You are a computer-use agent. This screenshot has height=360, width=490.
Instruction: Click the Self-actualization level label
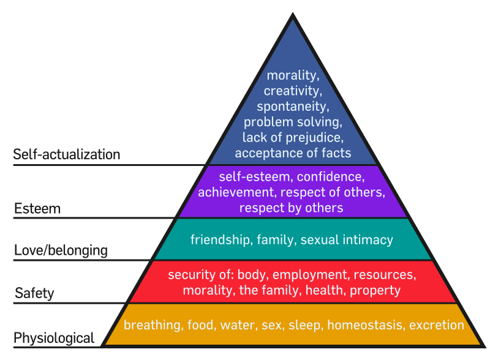(67, 154)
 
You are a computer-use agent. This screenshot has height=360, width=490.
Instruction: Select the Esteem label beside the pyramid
(37, 208)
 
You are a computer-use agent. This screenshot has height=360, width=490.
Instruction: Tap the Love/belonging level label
(61, 250)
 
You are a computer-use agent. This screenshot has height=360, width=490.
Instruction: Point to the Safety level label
(34, 293)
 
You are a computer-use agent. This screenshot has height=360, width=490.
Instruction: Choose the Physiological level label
(54, 338)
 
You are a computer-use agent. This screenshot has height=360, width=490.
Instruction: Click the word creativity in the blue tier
(293, 91)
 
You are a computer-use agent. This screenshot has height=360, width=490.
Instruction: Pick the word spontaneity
(293, 107)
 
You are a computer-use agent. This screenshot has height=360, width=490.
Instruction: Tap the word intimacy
(368, 240)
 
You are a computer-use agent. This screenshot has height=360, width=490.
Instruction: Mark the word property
(375, 291)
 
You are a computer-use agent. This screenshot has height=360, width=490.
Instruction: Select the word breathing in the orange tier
(152, 325)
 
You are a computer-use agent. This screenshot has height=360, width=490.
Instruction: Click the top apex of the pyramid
(293, 13)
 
